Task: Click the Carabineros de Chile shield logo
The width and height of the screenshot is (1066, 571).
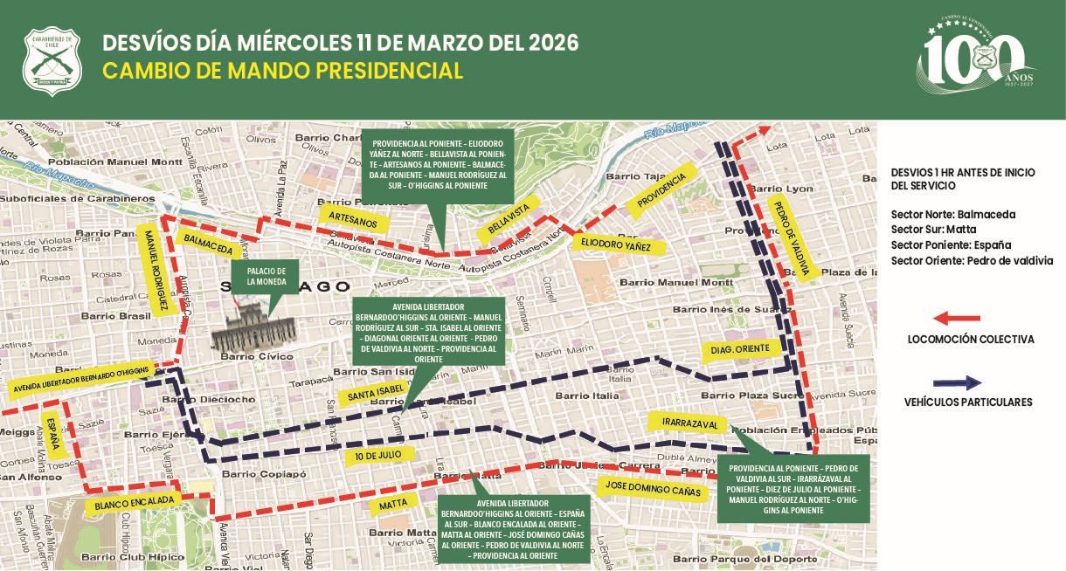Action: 52,61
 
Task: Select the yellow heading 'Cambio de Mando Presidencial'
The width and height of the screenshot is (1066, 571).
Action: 282,71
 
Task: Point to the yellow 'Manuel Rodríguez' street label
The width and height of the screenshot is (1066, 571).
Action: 156,271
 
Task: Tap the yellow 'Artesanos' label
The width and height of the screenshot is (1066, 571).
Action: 353,219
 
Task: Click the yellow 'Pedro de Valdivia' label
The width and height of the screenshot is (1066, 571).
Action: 793,238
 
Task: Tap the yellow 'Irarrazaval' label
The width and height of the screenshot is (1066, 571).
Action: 690,424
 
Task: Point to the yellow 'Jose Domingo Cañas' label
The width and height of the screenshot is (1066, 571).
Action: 652,492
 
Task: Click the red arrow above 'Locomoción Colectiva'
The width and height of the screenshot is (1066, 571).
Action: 957,319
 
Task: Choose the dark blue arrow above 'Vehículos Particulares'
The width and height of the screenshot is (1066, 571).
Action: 957,382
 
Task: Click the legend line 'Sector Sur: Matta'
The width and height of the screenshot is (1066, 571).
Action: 928,229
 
